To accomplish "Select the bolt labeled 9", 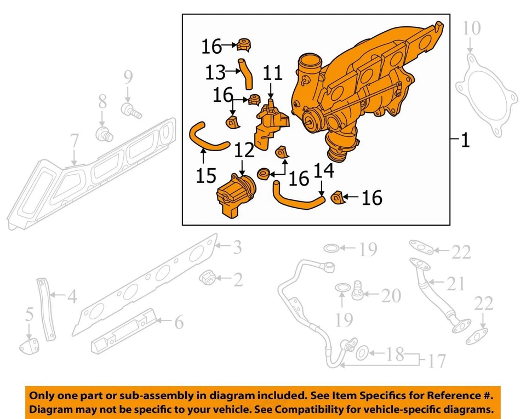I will click(x=132, y=111).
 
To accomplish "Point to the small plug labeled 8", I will click(x=102, y=132).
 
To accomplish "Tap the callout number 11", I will click(x=272, y=73).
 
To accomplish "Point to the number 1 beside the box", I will click(x=465, y=141).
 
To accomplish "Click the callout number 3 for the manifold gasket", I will click(x=236, y=248).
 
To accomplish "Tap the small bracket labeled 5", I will click(x=29, y=346).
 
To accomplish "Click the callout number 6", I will click(x=179, y=323).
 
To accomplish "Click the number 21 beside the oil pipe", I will click(x=455, y=284).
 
